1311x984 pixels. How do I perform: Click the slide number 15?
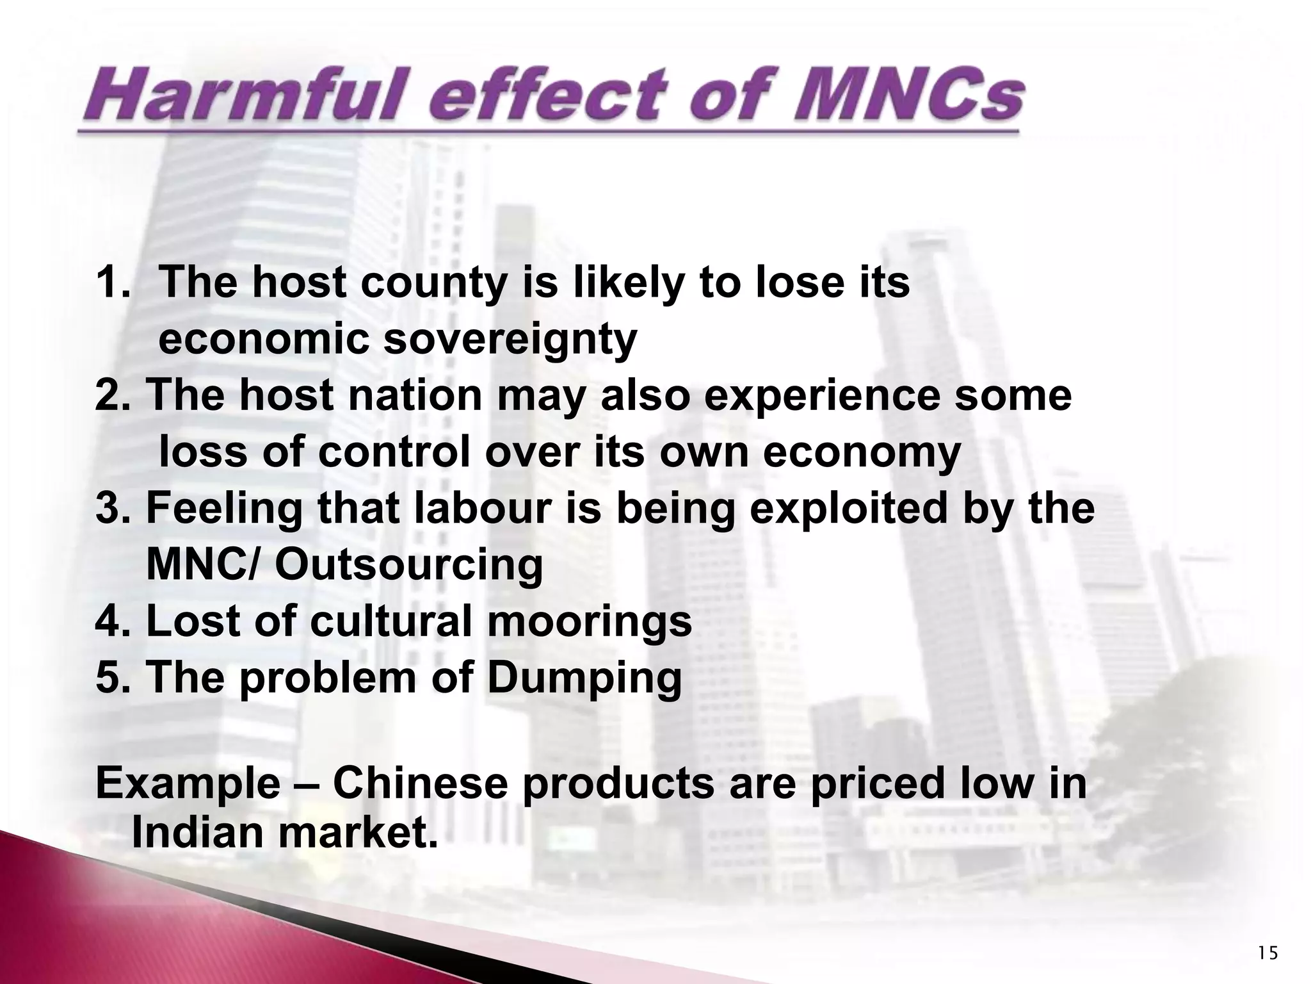tap(1267, 954)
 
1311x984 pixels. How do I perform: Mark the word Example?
tap(188, 783)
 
